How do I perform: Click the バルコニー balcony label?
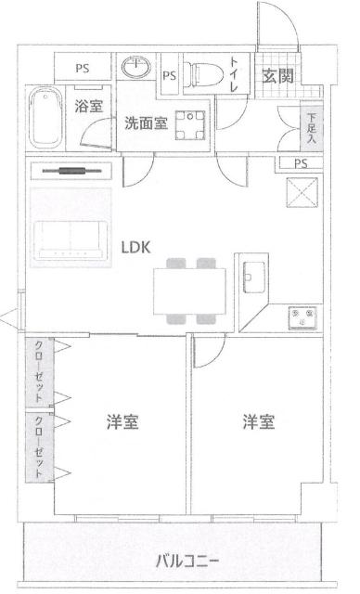(186, 562)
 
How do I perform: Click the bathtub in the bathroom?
(44, 116)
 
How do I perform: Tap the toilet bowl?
(200, 73)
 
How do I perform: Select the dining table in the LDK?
(189, 287)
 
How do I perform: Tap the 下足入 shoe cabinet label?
(309, 125)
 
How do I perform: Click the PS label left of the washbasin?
(83, 67)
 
